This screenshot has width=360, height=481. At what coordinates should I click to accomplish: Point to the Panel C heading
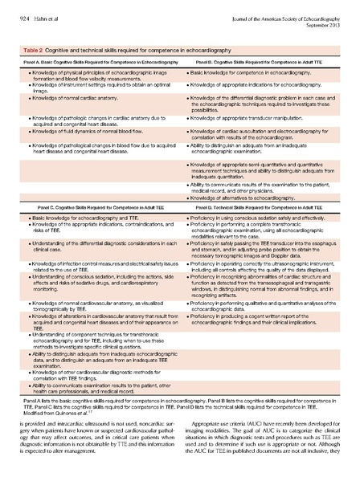[x=97, y=207]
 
